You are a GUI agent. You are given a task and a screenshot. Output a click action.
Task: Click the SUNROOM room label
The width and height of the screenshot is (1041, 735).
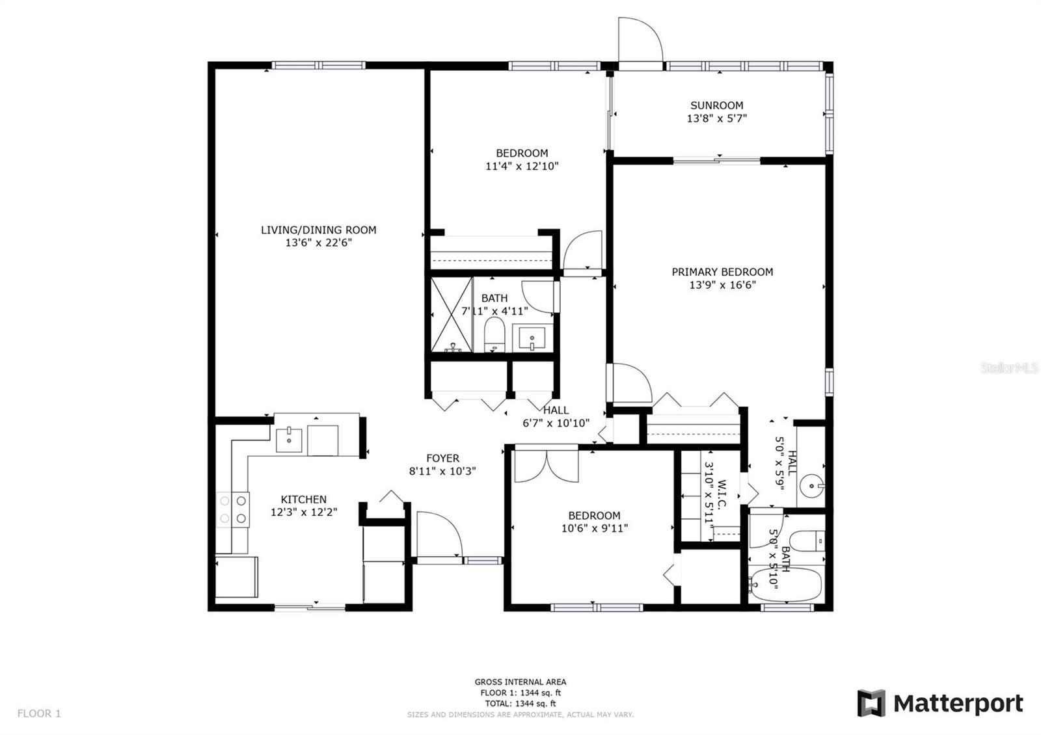[x=716, y=105]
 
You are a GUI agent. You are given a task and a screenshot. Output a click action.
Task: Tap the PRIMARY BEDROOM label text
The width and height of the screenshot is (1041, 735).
[x=722, y=272]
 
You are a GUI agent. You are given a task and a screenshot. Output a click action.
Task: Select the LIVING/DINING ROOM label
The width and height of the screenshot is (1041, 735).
[x=318, y=230]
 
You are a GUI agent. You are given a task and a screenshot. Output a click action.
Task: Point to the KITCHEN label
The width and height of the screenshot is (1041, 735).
[x=303, y=499]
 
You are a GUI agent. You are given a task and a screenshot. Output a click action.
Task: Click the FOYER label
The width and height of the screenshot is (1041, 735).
[x=442, y=458]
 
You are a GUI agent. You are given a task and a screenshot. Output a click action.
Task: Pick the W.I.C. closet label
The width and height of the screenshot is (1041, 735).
[x=722, y=495]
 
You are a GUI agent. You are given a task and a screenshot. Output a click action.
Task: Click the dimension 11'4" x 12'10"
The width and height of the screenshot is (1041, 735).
[x=522, y=166]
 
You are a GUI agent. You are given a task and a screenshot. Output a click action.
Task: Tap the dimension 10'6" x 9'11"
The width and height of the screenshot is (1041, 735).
[x=595, y=528]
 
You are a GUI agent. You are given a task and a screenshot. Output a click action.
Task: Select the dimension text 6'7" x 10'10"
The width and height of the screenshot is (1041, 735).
[x=556, y=423]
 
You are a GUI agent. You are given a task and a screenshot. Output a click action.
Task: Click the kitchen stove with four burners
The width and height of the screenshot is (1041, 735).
[x=233, y=509]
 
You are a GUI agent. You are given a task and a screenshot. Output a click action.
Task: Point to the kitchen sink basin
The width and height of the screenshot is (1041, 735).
[x=289, y=440]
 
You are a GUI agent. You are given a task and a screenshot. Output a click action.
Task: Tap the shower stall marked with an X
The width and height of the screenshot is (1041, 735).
[x=452, y=315]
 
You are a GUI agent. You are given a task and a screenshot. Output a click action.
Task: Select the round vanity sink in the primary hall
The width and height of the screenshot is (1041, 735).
[x=811, y=486]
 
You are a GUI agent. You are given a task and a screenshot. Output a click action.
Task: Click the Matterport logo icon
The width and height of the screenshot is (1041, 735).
[x=871, y=703]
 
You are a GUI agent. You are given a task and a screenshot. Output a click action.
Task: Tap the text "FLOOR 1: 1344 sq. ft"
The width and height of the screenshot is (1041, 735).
[x=520, y=693]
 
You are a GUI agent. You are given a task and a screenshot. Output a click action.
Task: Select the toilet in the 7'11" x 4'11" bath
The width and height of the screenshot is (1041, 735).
[x=494, y=334]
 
